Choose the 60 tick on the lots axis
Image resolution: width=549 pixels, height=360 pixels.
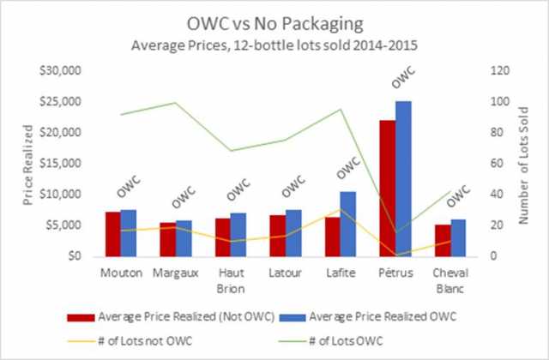click(x=498, y=164)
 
